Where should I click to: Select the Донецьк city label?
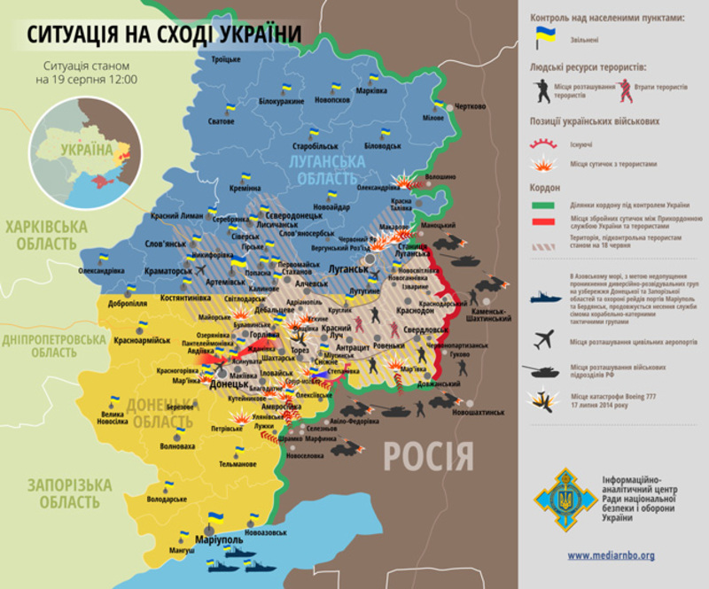click(229, 386)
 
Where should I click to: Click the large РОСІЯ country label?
click(428, 457)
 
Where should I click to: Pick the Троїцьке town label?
click(225, 59)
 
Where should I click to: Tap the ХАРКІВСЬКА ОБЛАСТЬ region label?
click(46, 235)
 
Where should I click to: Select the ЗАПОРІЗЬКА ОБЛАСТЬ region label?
click(68, 493)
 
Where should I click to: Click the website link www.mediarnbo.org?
click(611, 555)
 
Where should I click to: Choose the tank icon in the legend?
click(542, 368)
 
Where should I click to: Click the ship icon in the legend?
click(542, 298)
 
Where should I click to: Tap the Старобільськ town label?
click(316, 143)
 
